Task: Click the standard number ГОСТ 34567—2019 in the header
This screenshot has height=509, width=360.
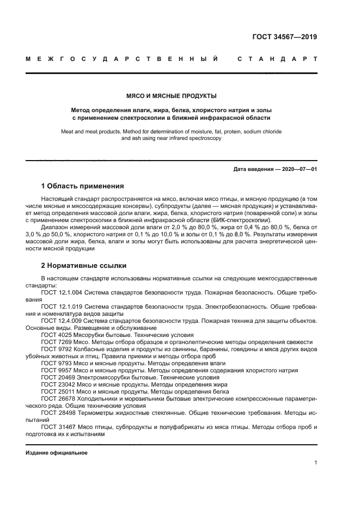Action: pos(285,37)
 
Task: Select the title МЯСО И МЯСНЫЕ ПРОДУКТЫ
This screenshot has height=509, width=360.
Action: pos(172,96)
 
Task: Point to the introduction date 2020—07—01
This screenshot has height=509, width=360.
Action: pos(299,169)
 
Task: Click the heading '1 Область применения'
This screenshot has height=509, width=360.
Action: pos(82,186)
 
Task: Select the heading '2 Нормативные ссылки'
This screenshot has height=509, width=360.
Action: pos(84,266)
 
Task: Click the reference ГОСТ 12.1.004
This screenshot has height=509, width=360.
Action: pos(61,292)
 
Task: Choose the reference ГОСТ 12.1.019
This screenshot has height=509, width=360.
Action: pos(61,307)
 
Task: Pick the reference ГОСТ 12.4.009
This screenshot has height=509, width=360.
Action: pos(61,321)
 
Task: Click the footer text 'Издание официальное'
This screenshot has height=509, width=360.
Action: pos(57,453)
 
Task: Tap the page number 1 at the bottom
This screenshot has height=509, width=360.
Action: pos(315,463)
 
